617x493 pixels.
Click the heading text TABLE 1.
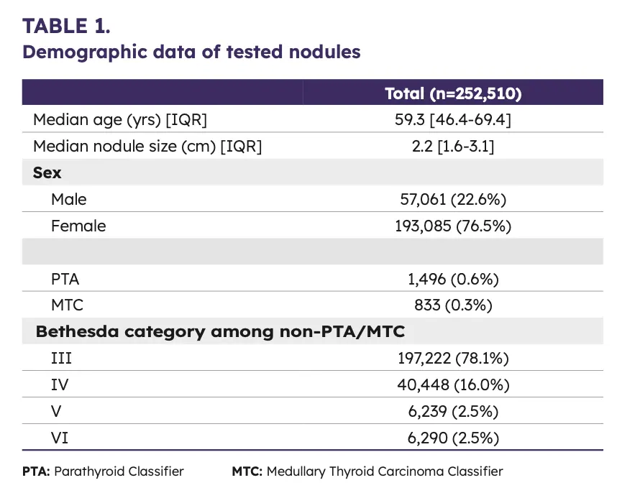point(66,26)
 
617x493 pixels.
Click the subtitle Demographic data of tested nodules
point(191,52)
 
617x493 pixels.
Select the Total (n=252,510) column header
point(453,93)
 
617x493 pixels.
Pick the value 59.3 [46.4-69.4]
point(453,119)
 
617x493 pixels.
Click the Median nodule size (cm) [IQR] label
point(147,147)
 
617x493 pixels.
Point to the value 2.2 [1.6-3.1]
point(453,147)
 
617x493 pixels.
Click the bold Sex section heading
point(47,173)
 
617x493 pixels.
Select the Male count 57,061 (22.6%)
point(453,199)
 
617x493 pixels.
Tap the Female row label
point(78,226)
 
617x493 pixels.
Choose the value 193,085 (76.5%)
point(453,226)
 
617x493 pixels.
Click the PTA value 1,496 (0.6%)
point(453,279)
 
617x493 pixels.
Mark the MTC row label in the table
point(68,305)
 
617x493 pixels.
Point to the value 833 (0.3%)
point(453,305)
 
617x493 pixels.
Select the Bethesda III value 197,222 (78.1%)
point(453,358)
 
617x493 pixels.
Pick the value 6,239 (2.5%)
point(453,411)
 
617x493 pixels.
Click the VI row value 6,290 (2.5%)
point(453,437)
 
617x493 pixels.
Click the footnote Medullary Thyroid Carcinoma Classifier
point(384,471)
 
